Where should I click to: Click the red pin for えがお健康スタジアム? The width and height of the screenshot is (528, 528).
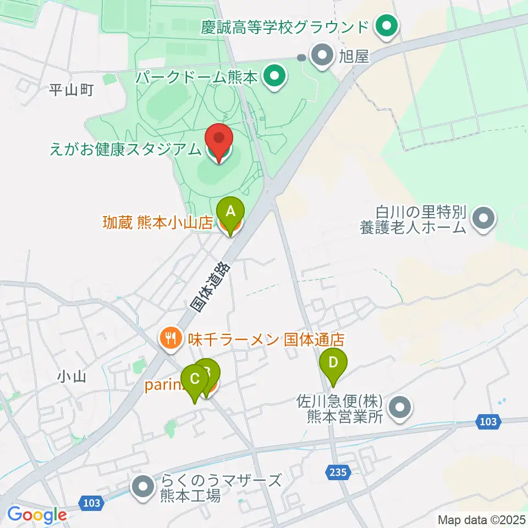pos(219,141)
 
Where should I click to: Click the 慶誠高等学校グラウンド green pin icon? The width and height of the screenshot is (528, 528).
pos(386,26)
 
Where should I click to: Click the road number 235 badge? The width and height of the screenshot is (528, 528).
pos(338,471)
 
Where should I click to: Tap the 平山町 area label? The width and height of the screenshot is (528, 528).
pos(71,90)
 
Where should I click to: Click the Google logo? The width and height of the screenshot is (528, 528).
pos(37,515)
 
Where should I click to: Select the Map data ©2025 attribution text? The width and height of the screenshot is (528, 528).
pos(481,519)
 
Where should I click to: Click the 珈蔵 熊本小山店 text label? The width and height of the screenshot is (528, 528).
pos(158,223)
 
